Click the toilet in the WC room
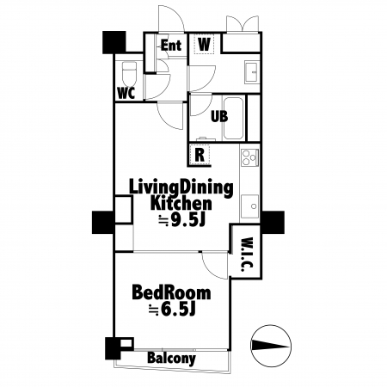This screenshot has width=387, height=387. click(130, 73)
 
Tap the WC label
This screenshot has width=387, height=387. click(126, 93)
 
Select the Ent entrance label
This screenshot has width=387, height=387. click(171, 46)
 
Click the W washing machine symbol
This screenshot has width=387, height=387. click(205, 44)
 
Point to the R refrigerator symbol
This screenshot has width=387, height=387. click(200, 155)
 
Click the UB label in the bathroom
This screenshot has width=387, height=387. click(219, 116)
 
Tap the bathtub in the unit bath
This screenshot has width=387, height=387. click(233, 118)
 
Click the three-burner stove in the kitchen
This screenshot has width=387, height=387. click(249, 157)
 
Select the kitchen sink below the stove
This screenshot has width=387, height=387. click(249, 206)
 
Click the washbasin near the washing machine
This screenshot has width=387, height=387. click(252, 72)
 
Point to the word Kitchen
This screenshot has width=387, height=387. click(181, 203)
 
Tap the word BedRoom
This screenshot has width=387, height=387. click(171, 292)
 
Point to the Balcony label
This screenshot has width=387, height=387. click(171, 358)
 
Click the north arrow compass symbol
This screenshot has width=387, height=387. click(271, 346)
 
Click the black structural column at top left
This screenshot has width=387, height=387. click(114, 42)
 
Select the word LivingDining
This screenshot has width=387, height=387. click(181, 187)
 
